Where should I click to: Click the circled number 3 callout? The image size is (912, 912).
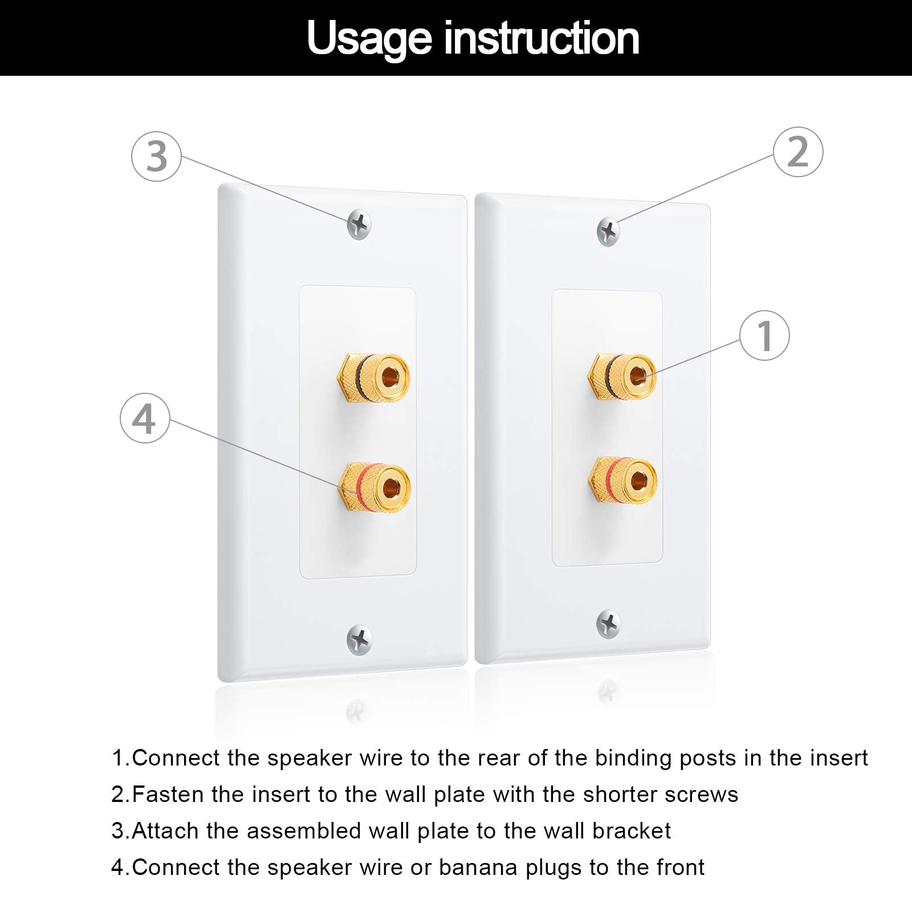[156, 157]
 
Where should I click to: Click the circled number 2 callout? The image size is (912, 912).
[798, 152]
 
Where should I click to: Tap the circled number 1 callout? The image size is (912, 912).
[764, 335]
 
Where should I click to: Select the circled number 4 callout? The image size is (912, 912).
[145, 418]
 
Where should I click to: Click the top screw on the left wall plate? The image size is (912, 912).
[359, 225]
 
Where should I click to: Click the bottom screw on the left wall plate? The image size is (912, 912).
[359, 640]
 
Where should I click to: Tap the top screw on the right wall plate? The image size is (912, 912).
[608, 231]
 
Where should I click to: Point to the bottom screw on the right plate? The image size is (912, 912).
[609, 624]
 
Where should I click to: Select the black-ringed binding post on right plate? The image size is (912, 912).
[622, 377]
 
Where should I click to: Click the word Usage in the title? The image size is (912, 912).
[369, 39]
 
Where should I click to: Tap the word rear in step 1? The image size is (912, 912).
[498, 758]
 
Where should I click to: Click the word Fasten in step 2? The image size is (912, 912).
[168, 795]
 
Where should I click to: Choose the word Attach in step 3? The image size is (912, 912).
[166, 831]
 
